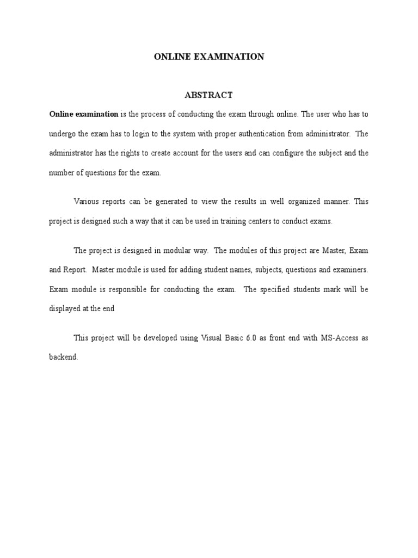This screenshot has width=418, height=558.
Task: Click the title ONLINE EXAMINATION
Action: coord(208,57)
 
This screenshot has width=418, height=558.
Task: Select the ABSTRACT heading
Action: coord(208,95)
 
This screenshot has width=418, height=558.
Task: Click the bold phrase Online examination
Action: coord(84,114)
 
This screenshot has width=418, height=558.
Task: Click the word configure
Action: coord(276,153)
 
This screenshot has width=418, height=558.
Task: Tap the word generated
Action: coord(165,202)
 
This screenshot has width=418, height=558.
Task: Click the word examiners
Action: coord(350,270)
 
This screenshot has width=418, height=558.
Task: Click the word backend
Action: coord(63,357)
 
